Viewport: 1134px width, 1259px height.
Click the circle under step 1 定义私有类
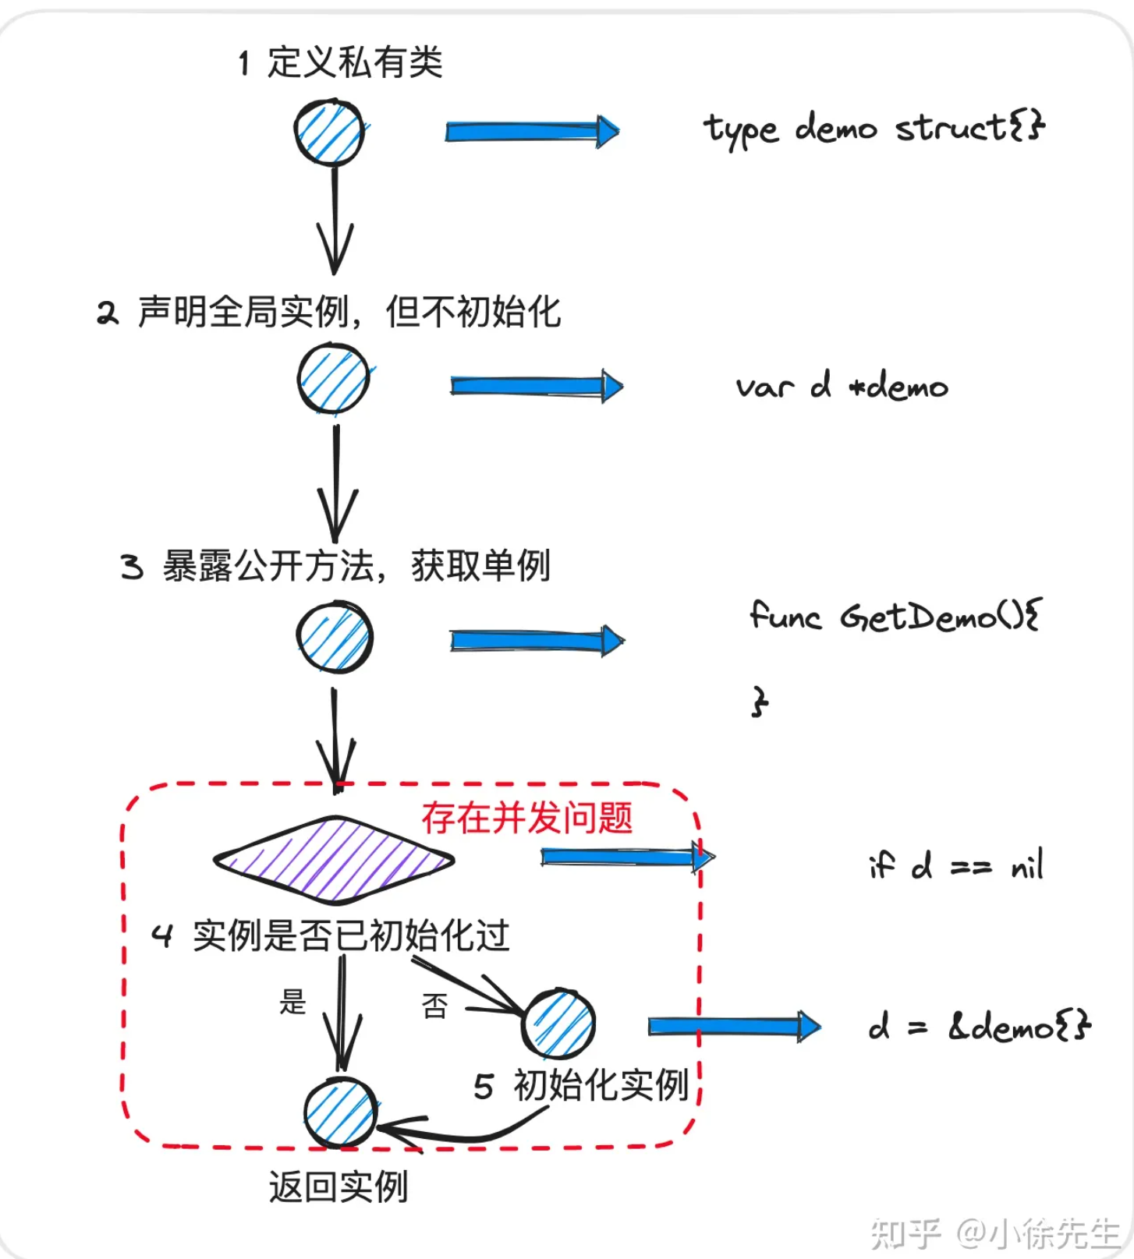pos(329,133)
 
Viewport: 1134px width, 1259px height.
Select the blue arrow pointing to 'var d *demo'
pos(536,386)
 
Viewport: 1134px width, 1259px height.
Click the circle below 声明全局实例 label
pos(334,380)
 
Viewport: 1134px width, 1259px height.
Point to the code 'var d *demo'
pos(842,386)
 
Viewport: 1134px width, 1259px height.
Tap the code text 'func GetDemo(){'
pos(895,617)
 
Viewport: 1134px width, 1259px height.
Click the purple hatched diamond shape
pos(334,860)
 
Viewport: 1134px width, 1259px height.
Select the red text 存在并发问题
pos(527,819)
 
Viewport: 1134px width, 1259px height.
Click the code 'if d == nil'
pos(955,865)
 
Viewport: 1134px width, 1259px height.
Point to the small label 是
pos(292,1003)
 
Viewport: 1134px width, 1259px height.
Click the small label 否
pos(434,1006)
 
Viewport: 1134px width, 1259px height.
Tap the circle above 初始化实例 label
pos(558,1024)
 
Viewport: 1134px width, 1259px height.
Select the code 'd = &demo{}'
pos(979,1027)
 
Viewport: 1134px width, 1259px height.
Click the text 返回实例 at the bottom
pos(338,1187)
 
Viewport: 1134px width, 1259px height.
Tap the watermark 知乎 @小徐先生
pos(994,1233)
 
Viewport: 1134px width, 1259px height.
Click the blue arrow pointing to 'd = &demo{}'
pos(733,1026)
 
